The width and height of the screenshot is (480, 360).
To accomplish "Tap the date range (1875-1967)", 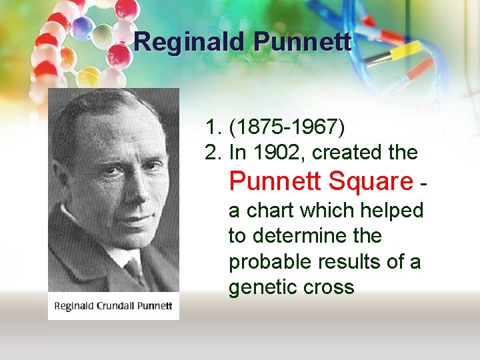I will coord(287,127).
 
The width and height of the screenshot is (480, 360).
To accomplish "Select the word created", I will coord(343,153).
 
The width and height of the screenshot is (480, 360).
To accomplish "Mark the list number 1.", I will coord(213,127).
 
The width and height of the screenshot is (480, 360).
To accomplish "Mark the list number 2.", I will coord(213,153).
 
